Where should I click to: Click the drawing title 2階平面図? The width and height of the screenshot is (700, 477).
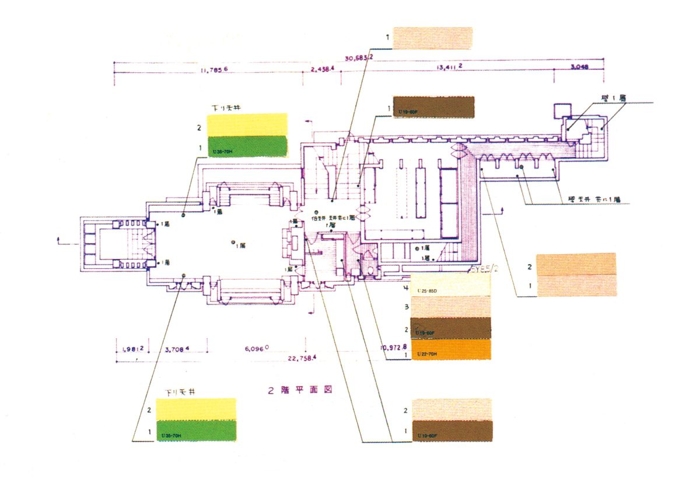300,390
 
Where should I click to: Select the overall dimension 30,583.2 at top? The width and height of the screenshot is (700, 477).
360,58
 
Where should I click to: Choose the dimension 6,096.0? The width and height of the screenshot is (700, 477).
256,349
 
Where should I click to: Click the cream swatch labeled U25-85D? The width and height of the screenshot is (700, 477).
451,286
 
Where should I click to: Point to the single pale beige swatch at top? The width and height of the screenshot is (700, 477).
432,38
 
